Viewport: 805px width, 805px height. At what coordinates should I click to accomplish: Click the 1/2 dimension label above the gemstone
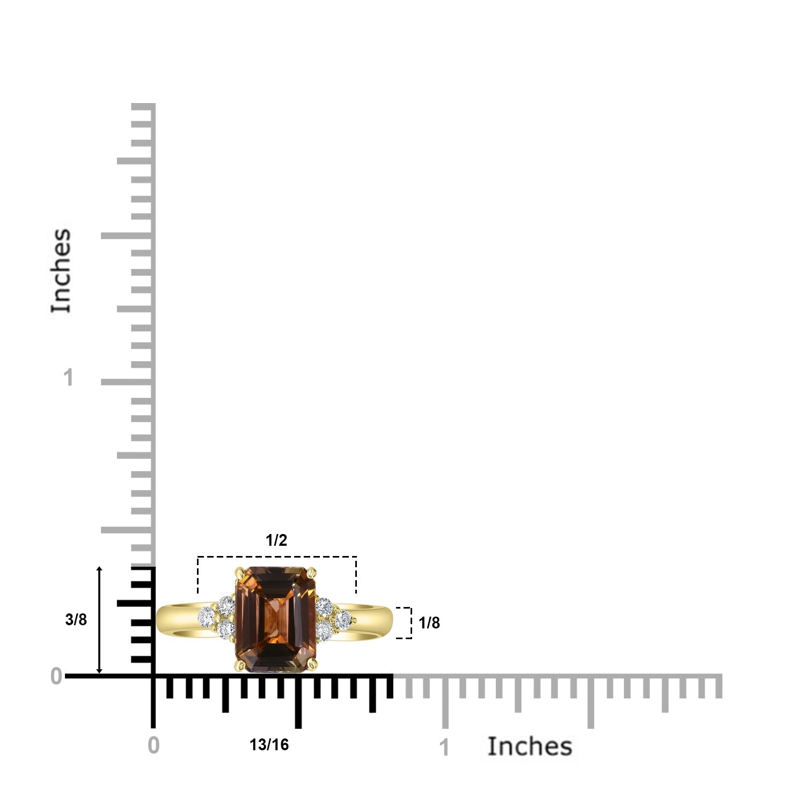coord(276,540)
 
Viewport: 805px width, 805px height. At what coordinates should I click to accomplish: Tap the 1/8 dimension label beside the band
coord(429,623)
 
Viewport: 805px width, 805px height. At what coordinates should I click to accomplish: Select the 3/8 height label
coord(76,619)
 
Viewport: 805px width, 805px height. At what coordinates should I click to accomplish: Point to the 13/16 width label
coord(269,745)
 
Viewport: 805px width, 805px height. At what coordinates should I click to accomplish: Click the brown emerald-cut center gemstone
coord(276,619)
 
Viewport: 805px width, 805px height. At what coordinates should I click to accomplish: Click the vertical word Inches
coord(61,270)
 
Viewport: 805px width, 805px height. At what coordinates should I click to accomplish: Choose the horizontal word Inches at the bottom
coord(530,747)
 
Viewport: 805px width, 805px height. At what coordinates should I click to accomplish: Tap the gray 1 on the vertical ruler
coord(68,378)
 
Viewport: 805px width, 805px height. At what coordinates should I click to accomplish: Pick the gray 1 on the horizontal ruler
coord(444,748)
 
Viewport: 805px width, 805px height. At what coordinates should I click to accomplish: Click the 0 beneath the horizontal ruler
coord(153,745)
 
